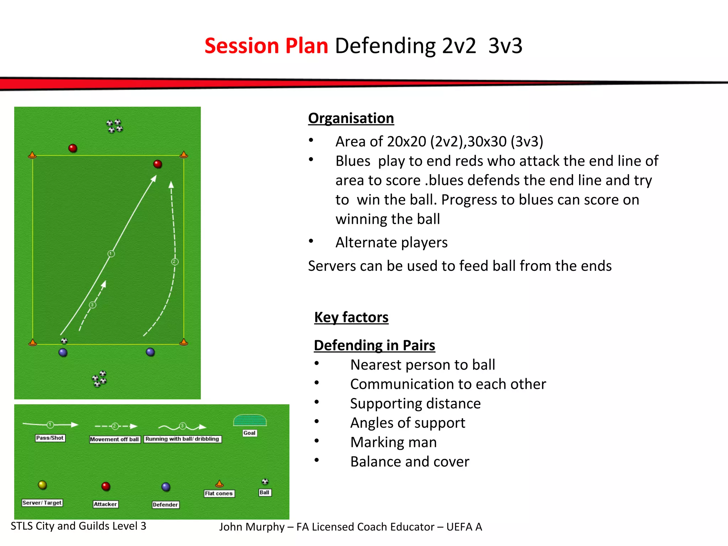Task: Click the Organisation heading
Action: click(x=351, y=118)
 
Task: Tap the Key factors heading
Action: click(x=351, y=317)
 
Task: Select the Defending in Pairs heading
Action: click(x=374, y=345)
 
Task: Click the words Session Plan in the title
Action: click(x=266, y=46)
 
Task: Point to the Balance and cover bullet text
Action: click(x=409, y=462)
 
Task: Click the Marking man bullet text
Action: click(x=394, y=442)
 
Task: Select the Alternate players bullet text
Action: click(x=391, y=242)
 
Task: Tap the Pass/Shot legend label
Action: click(x=50, y=438)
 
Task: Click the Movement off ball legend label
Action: click(x=114, y=439)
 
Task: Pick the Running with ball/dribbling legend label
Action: click(x=182, y=439)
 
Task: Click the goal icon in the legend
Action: click(x=250, y=421)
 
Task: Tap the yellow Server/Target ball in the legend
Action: click(x=42, y=485)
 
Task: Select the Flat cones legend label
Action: click(x=219, y=493)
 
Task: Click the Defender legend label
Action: click(x=165, y=504)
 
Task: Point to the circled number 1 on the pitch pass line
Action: click(x=111, y=254)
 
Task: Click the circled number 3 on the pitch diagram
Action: click(x=92, y=305)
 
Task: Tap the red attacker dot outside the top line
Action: click(x=73, y=148)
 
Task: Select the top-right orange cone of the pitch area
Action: click(x=184, y=155)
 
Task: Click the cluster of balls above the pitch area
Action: click(x=114, y=126)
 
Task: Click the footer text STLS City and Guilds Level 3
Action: click(x=79, y=526)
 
